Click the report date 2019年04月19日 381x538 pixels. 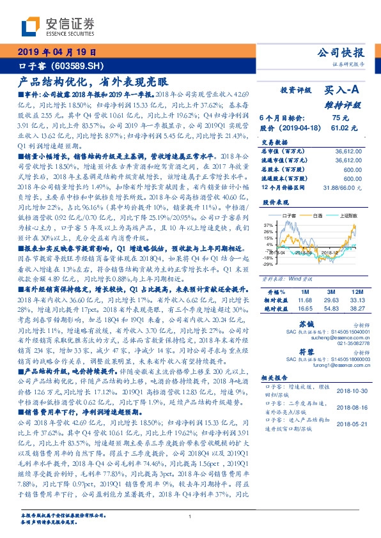[x=56, y=52]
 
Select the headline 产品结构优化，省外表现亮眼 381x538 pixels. [x=93, y=82]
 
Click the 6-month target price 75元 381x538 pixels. [x=339, y=118]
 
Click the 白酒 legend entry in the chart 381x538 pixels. [x=318, y=216]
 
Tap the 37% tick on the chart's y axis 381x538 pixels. [x=268, y=225]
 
